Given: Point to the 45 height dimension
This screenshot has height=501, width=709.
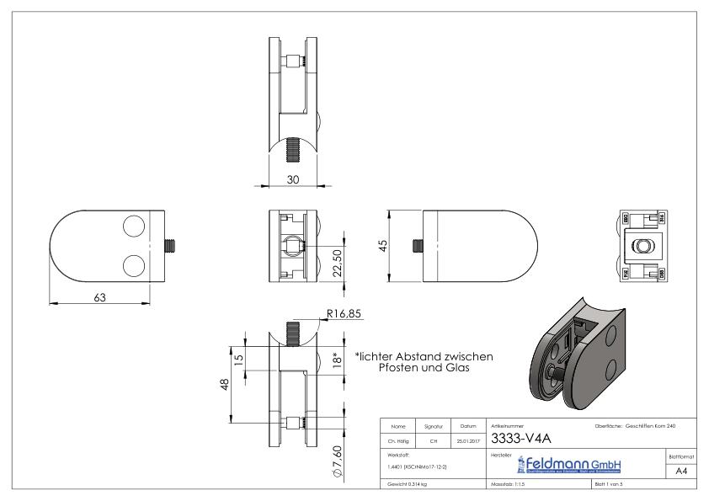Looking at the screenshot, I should pos(383,245).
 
